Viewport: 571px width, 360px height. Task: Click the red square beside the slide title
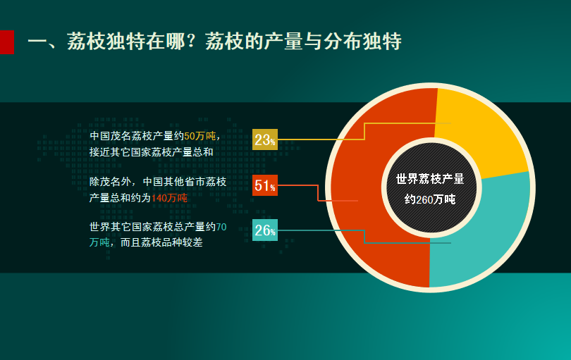pos(7,42)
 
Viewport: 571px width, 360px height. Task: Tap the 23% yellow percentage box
pos(265,139)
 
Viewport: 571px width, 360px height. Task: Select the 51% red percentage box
pos(265,185)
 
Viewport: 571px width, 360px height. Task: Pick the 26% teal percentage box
pos(265,230)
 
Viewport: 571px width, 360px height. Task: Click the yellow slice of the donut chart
pos(481,131)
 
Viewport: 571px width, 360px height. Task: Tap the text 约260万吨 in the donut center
pos(430,199)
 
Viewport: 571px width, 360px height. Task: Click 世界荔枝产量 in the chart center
pos(430,179)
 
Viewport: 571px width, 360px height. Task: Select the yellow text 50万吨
pos(200,136)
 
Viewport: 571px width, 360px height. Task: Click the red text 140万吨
pos(169,198)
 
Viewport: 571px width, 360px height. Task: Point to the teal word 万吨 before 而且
pos(99,242)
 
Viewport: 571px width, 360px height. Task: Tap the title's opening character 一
pos(37,42)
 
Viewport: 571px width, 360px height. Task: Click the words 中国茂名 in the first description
pos(111,136)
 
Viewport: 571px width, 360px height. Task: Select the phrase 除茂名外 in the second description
pos(111,182)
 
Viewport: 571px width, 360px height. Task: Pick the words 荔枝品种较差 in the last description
pos(172,242)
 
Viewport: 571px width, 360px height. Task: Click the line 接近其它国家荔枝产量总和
pos(152,152)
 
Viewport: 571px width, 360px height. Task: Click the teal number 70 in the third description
pos(221,227)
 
